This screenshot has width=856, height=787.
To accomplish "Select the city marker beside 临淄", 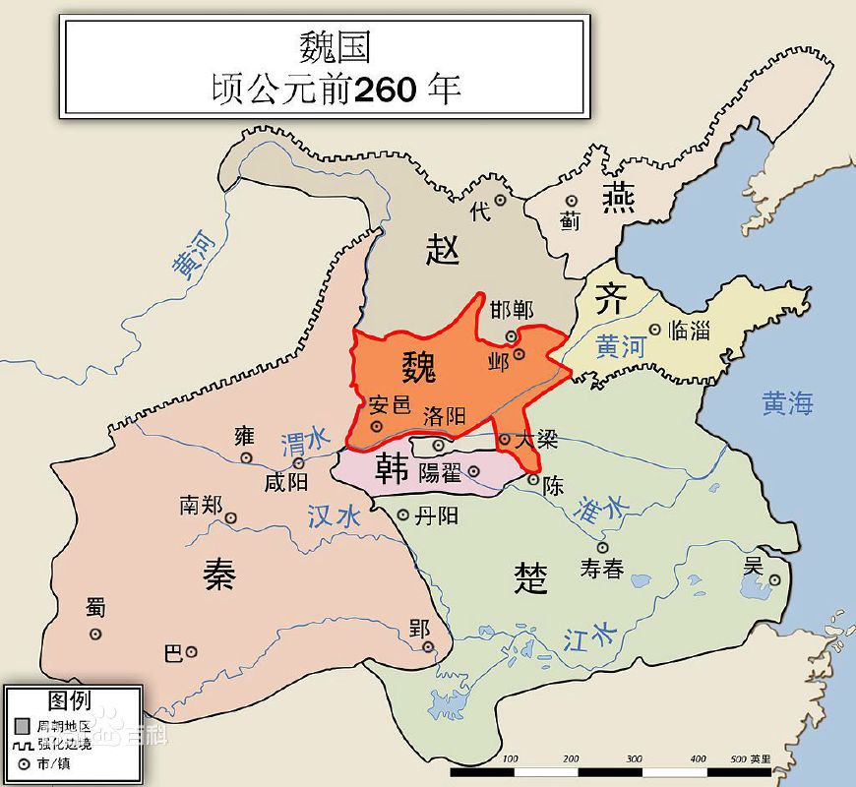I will [x=655, y=331].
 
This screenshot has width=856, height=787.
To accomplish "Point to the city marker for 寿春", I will [x=602, y=548].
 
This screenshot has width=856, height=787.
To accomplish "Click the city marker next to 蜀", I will [x=95, y=635].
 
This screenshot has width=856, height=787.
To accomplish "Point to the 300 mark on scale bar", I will [x=634, y=759].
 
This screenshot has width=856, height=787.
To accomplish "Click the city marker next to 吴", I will [x=774, y=580].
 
